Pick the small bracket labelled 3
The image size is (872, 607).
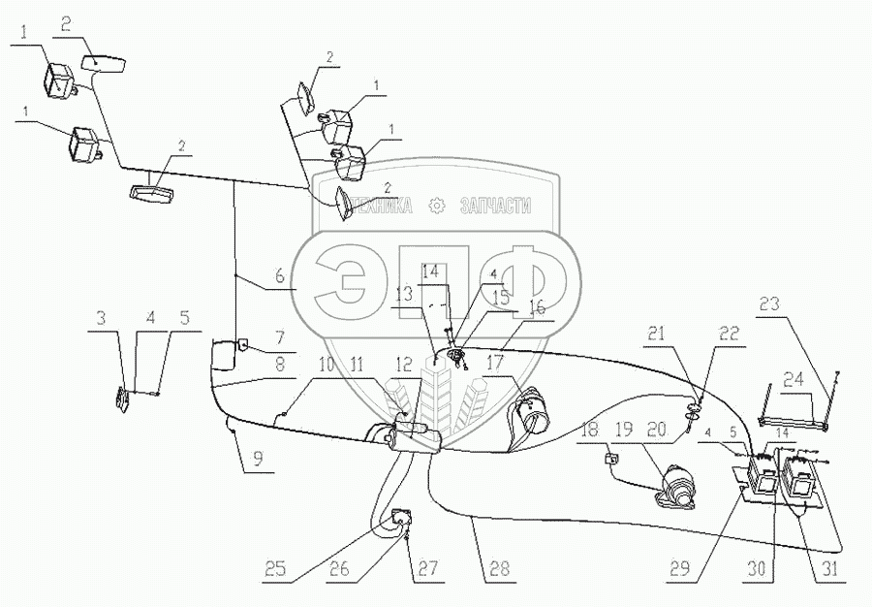(x=122, y=398)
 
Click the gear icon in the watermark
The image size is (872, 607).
(x=436, y=205)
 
